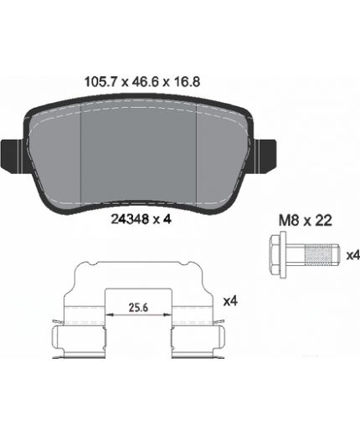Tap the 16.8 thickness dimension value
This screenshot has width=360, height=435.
click(x=187, y=82)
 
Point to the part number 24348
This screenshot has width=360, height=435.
click(x=130, y=219)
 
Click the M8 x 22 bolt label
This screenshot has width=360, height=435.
click(x=306, y=220)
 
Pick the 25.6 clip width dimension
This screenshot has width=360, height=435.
click(x=138, y=307)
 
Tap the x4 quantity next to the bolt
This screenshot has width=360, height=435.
click(x=352, y=255)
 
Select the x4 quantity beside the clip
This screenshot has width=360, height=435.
click(x=230, y=301)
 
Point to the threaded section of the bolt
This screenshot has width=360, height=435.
click(x=319, y=254)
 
